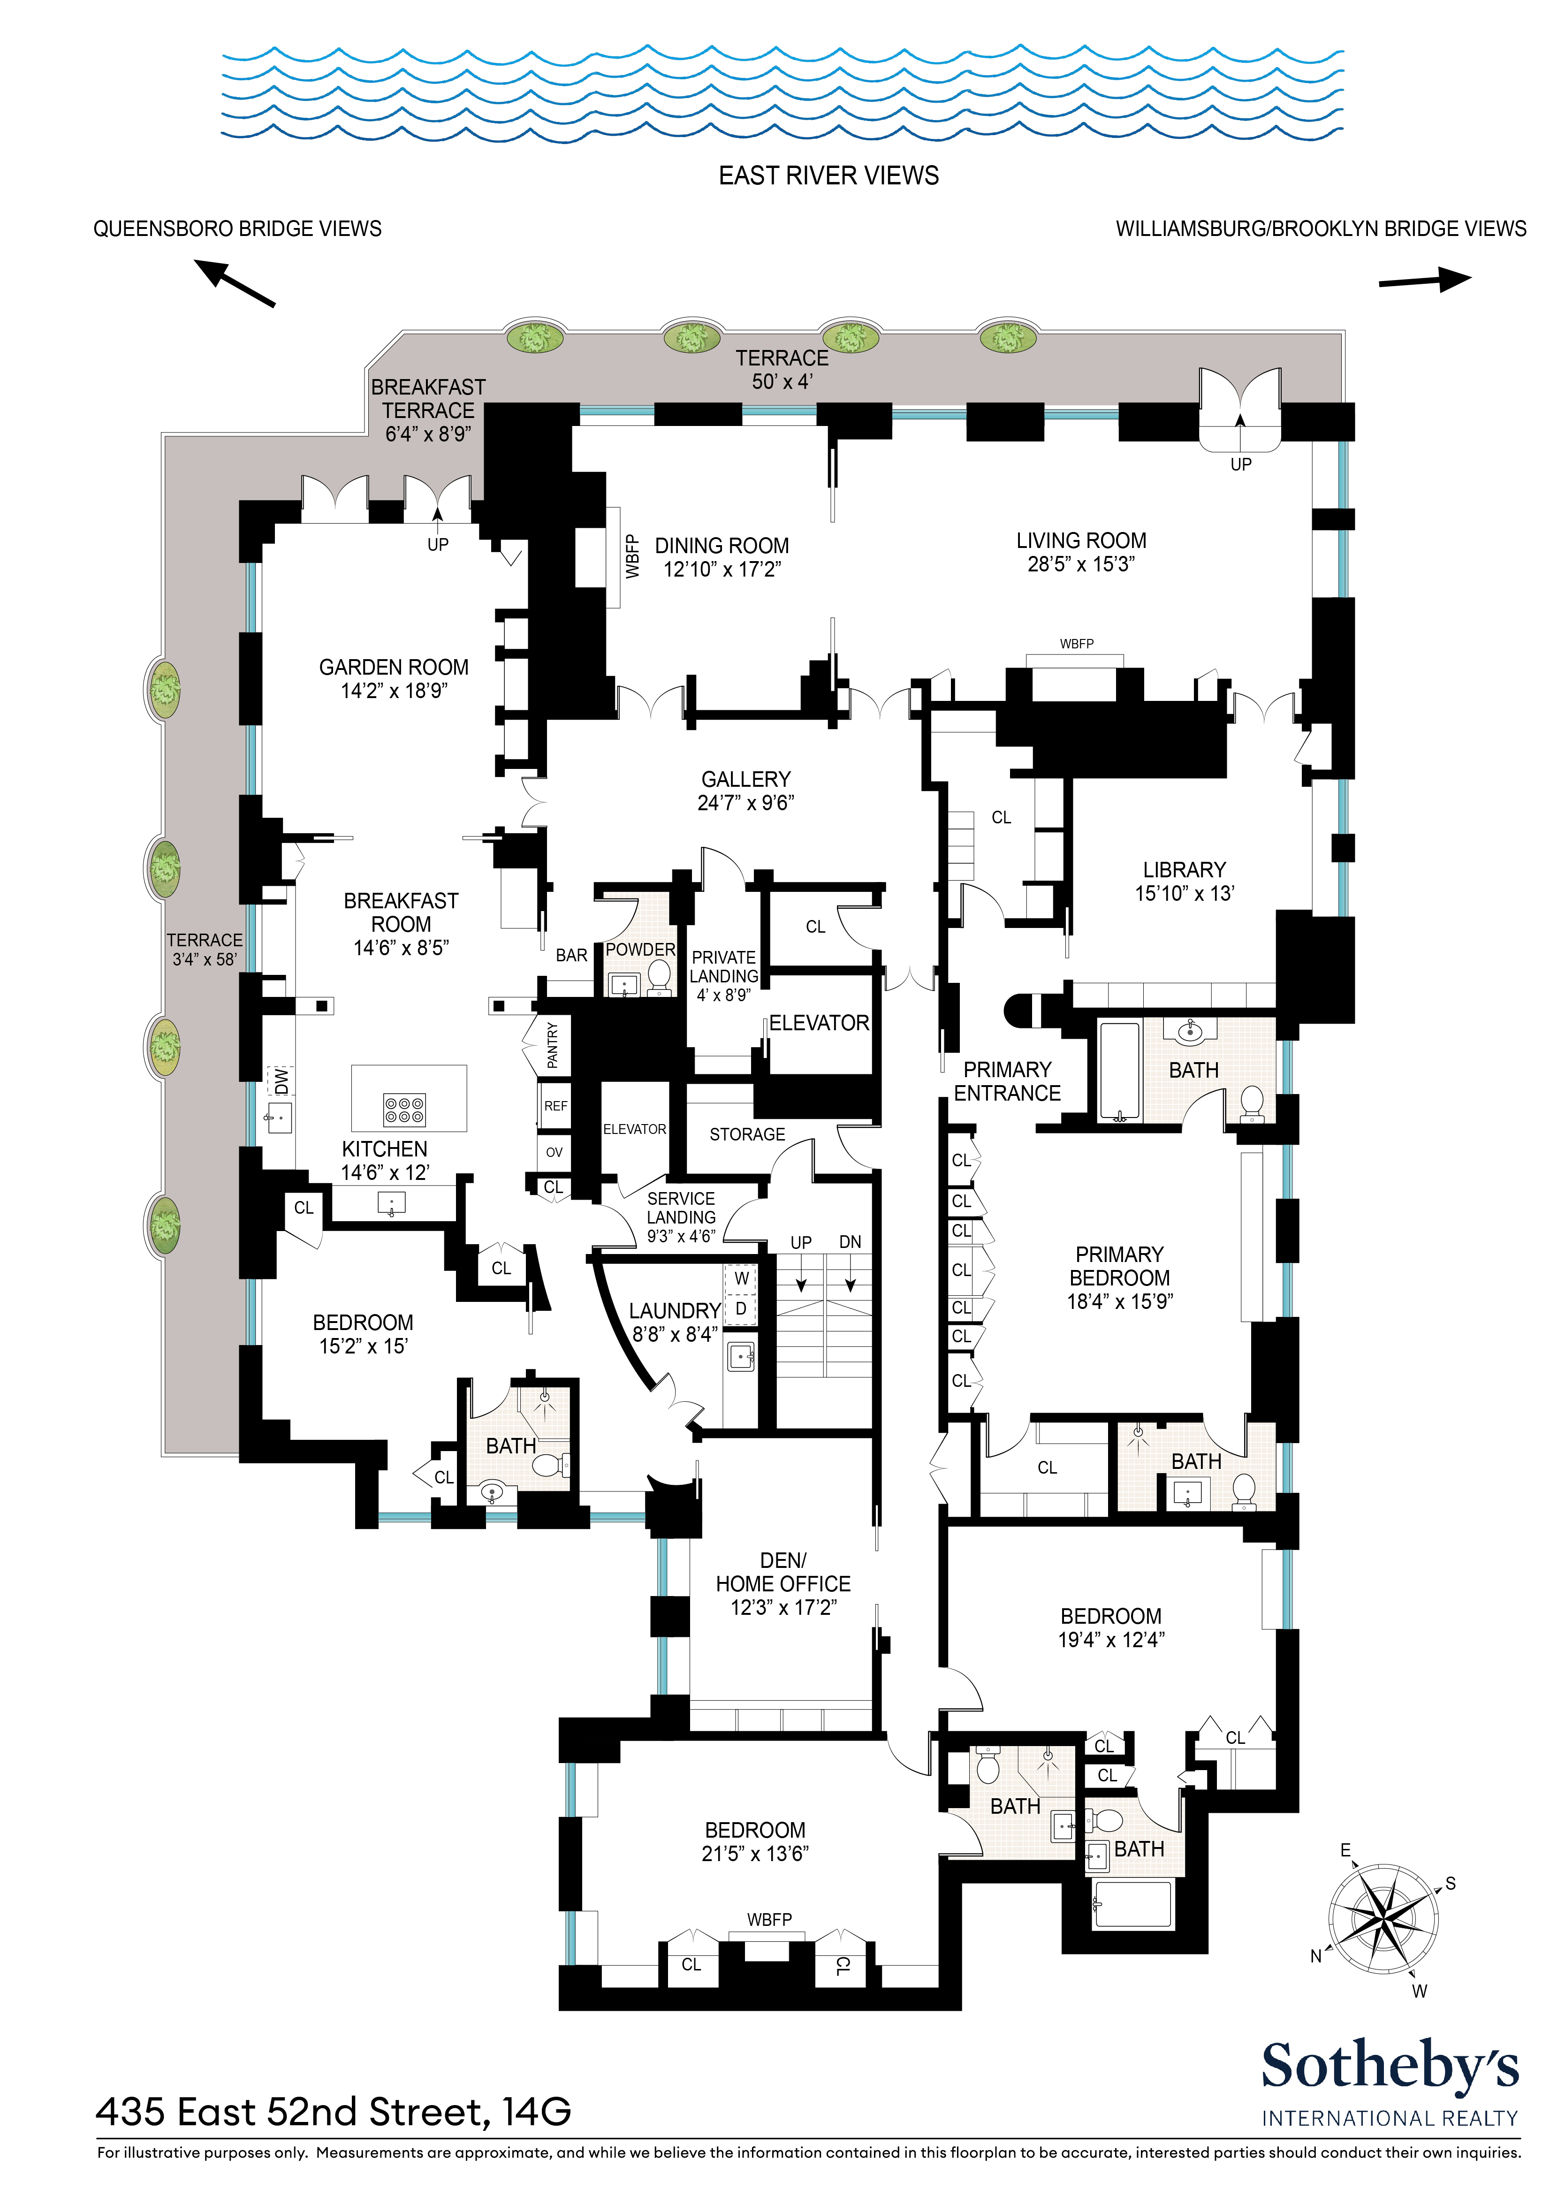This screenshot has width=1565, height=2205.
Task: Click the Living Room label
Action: coord(1081,540)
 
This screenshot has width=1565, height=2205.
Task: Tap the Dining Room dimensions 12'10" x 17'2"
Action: coord(722,570)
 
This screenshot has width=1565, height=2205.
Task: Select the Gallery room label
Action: coord(746,779)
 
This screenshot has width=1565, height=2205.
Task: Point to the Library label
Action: coord(1185,869)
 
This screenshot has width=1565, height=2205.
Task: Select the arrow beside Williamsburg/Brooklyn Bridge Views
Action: coord(1425,281)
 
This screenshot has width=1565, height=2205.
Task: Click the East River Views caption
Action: coord(829,175)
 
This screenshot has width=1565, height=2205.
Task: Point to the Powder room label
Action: coord(641,949)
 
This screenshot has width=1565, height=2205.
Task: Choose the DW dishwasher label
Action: coord(281,1081)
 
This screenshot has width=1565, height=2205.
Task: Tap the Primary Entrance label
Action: coord(1007,1081)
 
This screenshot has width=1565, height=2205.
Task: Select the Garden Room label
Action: coord(394,667)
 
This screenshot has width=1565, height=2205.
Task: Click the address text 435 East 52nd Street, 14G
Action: coord(334,2112)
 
